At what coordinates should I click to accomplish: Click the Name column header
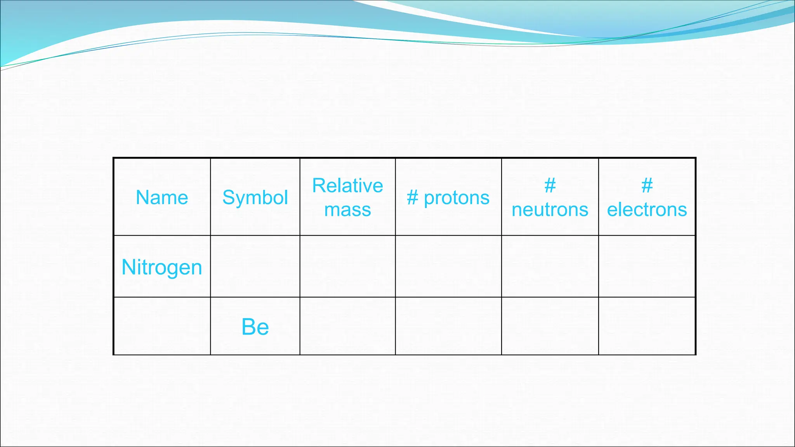162,198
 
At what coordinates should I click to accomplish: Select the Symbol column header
255,198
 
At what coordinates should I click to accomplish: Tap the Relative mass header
347,197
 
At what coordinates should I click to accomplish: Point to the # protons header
448,198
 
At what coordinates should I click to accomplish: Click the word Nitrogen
162,267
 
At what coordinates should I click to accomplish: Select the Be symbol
255,327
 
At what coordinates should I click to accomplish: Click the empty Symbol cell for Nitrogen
255,267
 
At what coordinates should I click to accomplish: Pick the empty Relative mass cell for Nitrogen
347,267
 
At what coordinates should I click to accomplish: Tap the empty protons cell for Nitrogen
448,267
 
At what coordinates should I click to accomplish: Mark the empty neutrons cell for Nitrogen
550,267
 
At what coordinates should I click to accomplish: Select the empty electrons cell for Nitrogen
647,267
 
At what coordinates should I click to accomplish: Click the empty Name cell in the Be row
162,326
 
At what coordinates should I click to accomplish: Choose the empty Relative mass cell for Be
347,326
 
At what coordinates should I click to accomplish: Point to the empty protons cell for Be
448,326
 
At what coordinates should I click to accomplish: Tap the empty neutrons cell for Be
550,326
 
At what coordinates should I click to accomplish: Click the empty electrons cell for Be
647,326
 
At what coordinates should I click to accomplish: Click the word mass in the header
347,210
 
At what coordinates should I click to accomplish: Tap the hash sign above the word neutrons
550,185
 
